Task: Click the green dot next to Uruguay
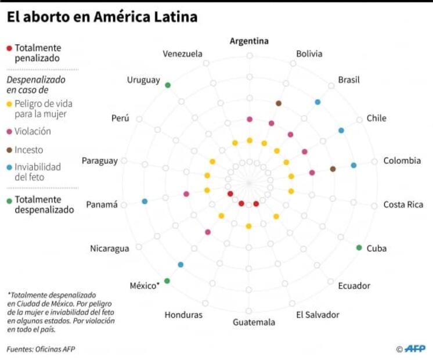168,85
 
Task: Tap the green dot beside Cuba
359,248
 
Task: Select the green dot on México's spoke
167,281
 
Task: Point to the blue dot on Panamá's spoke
145,201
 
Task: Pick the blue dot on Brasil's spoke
317,102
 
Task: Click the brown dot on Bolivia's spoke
279,103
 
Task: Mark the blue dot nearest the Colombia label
353,165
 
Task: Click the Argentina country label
249,41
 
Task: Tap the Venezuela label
182,54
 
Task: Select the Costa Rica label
403,204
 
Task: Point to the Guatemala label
254,322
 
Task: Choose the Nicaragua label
109,249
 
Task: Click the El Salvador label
317,315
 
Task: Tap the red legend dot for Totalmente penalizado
9,48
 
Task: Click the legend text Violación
33,131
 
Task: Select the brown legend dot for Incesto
9,150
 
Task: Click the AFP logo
415,348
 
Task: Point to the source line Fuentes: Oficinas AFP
41,349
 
